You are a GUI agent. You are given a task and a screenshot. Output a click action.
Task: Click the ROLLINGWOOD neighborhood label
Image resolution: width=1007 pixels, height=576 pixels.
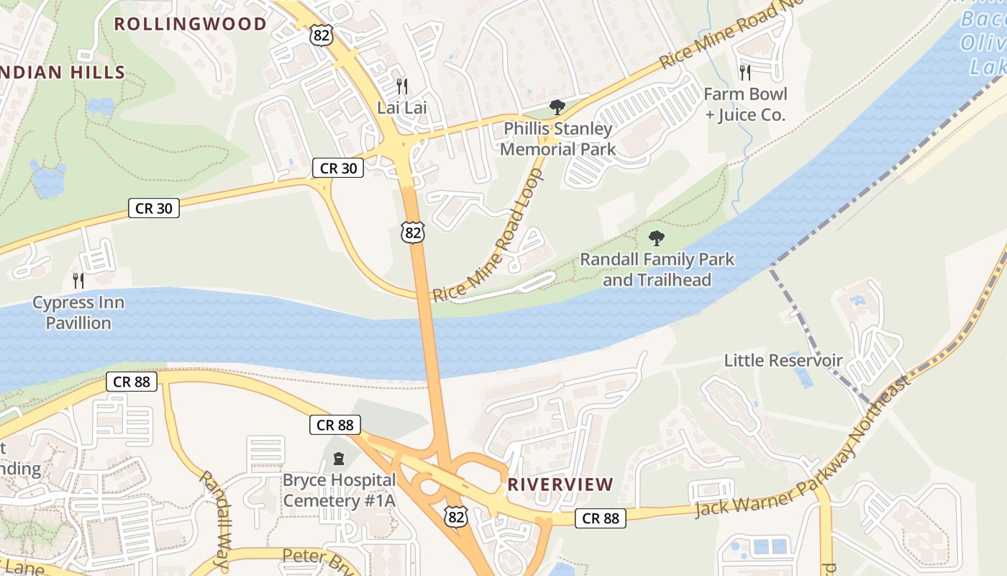tap(191, 24)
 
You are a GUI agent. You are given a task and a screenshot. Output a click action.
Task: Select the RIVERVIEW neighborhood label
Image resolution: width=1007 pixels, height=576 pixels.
tap(560, 485)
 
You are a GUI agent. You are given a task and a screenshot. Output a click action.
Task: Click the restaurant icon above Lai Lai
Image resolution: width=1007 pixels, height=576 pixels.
tap(402, 86)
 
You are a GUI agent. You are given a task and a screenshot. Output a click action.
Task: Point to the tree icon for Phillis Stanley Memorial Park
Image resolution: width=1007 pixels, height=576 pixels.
tap(557, 107)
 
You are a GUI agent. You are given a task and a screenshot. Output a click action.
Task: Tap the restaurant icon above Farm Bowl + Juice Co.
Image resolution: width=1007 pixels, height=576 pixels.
tap(745, 72)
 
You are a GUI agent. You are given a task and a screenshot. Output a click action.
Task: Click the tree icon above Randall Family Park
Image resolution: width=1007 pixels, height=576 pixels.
tap(656, 238)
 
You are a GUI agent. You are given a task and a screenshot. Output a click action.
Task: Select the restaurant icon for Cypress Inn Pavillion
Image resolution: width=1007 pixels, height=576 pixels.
tap(78, 280)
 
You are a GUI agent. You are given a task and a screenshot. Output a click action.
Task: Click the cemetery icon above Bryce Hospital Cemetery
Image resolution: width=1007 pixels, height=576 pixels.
tap(339, 458)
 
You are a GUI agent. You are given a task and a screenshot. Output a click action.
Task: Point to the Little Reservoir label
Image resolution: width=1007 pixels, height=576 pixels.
tap(783, 360)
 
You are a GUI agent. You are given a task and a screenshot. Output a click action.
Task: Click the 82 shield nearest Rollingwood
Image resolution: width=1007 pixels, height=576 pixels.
tap(322, 34)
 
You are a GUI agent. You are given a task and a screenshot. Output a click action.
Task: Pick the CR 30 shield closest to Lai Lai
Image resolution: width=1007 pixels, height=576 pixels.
tap(337, 168)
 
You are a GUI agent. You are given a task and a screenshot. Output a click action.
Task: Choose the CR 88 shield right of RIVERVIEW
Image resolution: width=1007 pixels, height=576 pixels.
tap(601, 518)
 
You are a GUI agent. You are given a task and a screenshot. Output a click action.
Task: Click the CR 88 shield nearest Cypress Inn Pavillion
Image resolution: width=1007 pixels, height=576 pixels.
tap(132, 382)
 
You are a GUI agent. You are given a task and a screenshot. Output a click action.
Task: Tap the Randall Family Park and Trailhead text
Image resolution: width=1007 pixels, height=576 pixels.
tap(657, 269)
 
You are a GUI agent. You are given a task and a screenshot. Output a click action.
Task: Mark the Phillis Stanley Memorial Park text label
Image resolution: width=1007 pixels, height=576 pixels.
tap(558, 139)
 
